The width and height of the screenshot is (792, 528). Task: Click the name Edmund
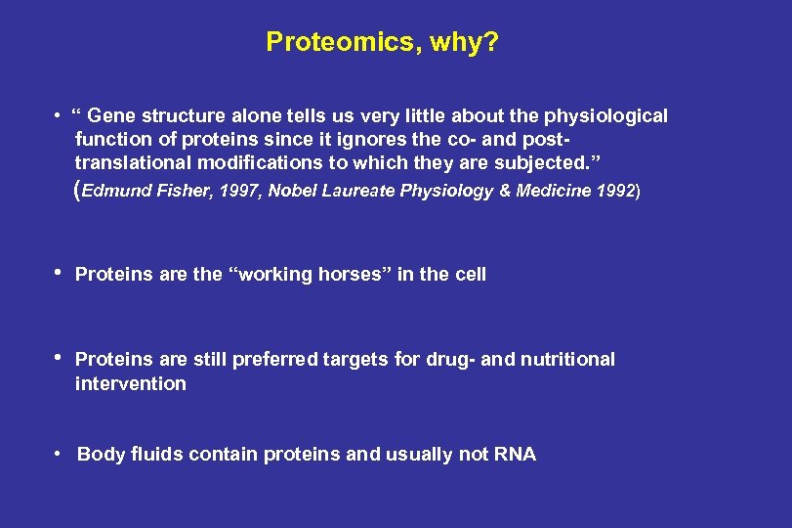click(117, 191)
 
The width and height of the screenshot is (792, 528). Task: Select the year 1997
click(240, 191)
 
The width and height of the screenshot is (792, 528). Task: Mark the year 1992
click(614, 191)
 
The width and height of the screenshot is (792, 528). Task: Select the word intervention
click(131, 384)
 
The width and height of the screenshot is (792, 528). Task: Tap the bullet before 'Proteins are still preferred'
click(59, 358)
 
